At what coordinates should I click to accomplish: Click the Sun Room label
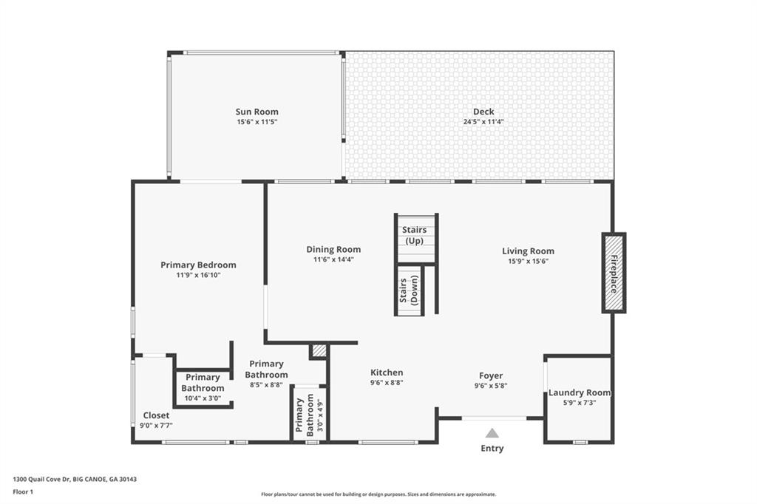click(257, 112)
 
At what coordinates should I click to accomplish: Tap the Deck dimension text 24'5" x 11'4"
click(483, 122)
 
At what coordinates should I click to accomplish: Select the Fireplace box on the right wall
click(614, 273)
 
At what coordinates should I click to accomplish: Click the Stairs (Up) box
click(414, 236)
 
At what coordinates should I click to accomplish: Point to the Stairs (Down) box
click(409, 290)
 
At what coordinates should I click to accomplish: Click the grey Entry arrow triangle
click(492, 433)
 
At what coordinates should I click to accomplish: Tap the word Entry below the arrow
click(492, 449)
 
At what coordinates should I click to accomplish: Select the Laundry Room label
click(580, 392)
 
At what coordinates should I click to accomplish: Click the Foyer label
click(491, 375)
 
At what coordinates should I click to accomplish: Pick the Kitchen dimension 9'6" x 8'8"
click(387, 383)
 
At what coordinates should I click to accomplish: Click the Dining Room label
click(333, 250)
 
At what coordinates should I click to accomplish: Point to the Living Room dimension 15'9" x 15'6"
click(528, 261)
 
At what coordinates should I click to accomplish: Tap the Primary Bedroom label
click(198, 265)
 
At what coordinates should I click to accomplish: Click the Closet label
click(156, 415)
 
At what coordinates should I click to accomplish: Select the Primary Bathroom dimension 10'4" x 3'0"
click(203, 398)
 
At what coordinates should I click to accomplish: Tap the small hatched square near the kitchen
click(319, 351)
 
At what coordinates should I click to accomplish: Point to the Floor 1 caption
click(23, 491)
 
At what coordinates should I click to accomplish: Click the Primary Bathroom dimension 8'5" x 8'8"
click(266, 384)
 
